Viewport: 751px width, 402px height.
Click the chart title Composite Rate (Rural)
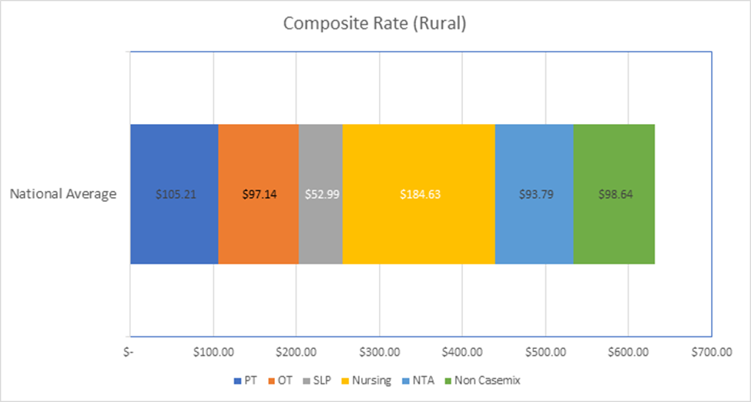[x=375, y=23]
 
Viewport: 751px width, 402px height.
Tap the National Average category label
[x=63, y=194]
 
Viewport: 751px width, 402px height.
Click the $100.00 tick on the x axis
[x=213, y=353]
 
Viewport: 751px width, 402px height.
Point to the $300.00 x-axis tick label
[x=379, y=353]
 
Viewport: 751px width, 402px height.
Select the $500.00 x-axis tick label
[x=545, y=353]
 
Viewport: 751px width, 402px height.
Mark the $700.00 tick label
[x=711, y=353]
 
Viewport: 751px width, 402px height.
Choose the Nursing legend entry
[x=369, y=380]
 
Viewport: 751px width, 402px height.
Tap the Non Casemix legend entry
[x=481, y=380]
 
